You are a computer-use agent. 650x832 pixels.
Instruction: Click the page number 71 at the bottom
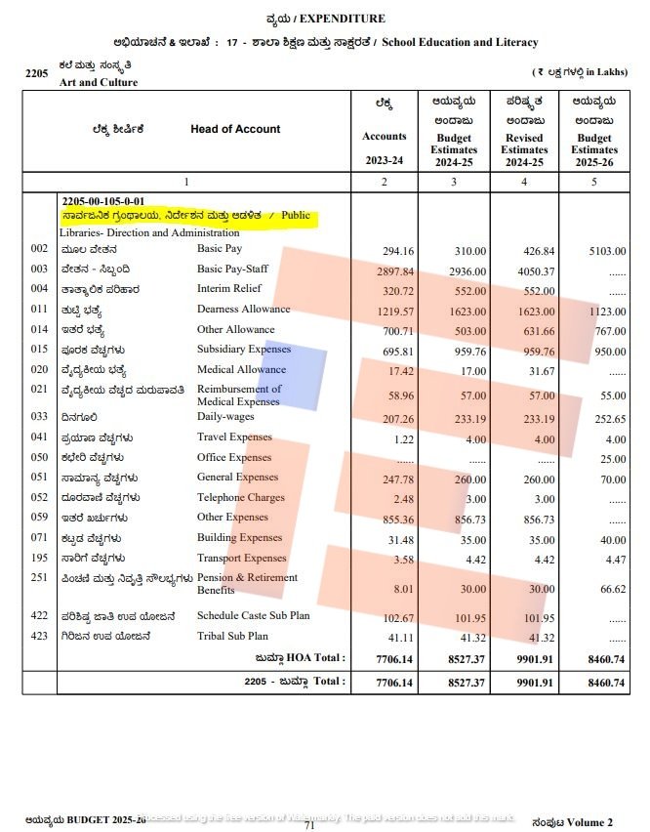pyautogui.click(x=309, y=826)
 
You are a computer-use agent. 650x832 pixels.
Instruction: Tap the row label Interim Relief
pyautogui.click(x=231, y=289)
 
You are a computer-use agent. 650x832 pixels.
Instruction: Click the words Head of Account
pyautogui.click(x=235, y=129)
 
